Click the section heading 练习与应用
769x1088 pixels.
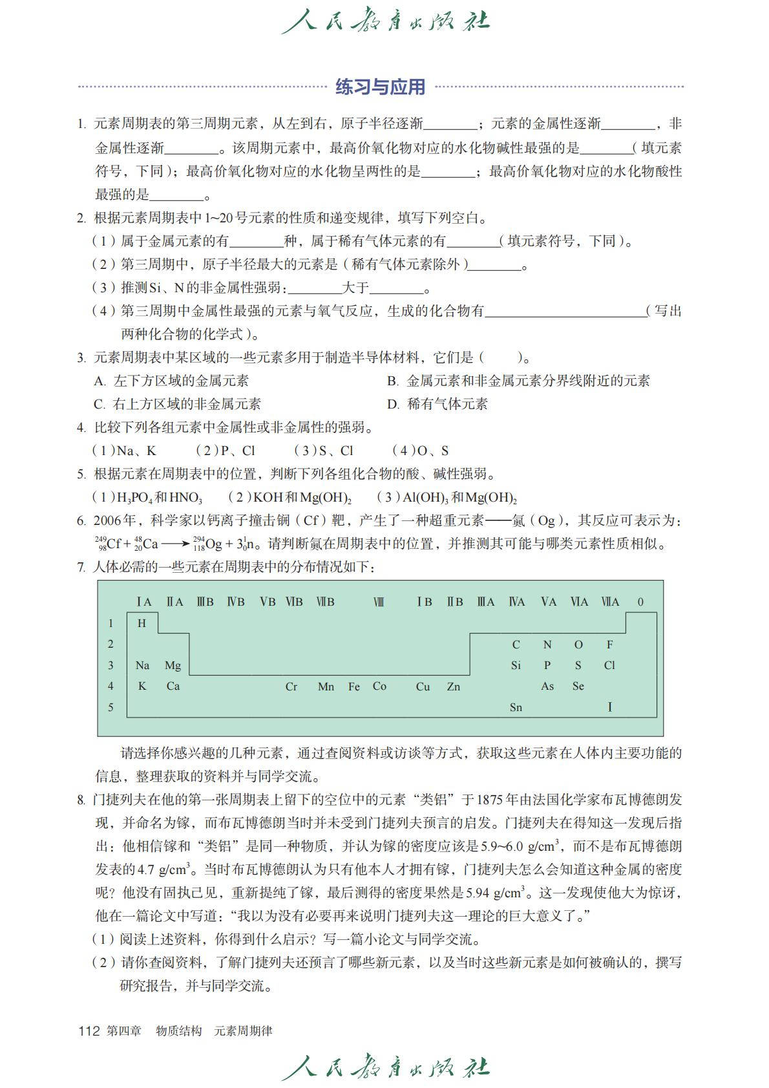pyautogui.click(x=380, y=87)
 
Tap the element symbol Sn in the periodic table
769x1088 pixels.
pyautogui.click(x=516, y=707)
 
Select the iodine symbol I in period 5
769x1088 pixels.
pyautogui.click(x=609, y=707)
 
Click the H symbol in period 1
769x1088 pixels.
pyautogui.click(x=142, y=623)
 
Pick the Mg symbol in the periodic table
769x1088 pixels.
pyautogui.click(x=173, y=665)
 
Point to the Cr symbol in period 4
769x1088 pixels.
pyautogui.click(x=291, y=687)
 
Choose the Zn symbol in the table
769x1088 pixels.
pyautogui.click(x=454, y=687)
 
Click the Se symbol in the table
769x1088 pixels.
pyautogui.click(x=578, y=686)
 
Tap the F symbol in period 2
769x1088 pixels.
pyautogui.click(x=609, y=645)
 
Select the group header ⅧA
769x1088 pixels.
pyautogui.click(x=610, y=602)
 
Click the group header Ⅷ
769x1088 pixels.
pyautogui.click(x=379, y=602)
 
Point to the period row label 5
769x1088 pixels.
pyautogui.click(x=111, y=707)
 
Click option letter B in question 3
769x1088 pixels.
pyautogui.click(x=392, y=381)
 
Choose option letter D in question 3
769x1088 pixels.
pyautogui.click(x=392, y=404)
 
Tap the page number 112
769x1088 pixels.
pyautogui.click(x=89, y=1031)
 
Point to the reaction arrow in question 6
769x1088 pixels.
pyautogui.click(x=175, y=544)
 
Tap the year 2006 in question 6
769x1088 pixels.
pyautogui.click(x=107, y=520)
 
